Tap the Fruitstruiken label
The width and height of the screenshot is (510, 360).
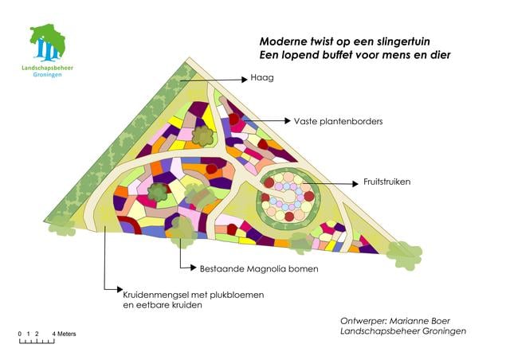coord(387,182)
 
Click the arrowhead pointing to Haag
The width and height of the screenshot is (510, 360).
coord(245,80)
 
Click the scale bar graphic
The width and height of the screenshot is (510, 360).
coord(37,342)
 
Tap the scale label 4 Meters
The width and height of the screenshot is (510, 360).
coord(64,334)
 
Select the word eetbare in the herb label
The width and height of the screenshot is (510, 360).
coord(159,305)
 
